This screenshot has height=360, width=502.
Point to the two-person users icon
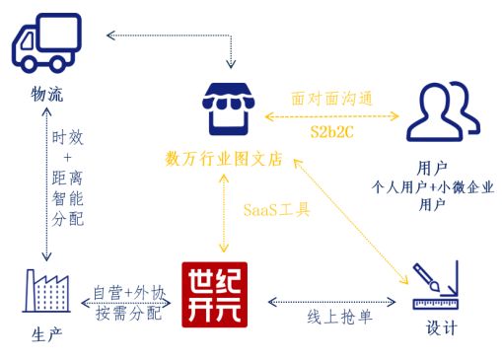pyautogui.click(x=441, y=111)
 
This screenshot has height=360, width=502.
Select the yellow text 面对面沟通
pyautogui.click(x=330, y=99)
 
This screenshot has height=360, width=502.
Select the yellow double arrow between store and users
pyautogui.click(x=330, y=115)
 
